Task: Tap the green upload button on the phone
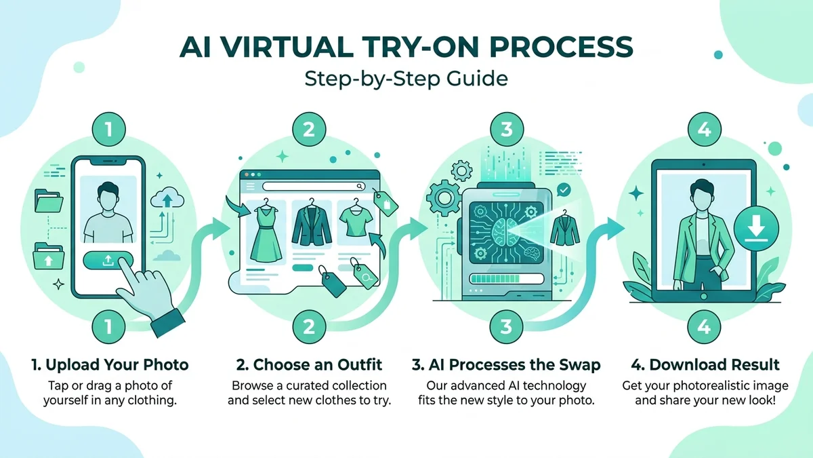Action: [109, 261]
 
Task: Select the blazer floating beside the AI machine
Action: [560, 227]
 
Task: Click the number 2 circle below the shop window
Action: [308, 327]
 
